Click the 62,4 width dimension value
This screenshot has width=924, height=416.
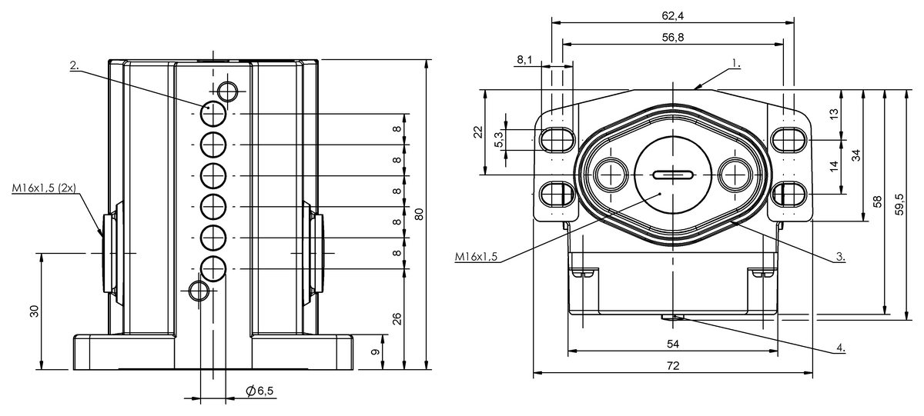[673, 15]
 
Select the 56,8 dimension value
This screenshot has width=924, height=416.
[673, 38]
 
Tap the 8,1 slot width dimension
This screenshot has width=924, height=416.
[524, 60]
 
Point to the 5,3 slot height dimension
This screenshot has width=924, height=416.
[499, 139]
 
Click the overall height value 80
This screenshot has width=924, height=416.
[419, 215]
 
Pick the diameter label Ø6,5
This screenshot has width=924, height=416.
[260, 391]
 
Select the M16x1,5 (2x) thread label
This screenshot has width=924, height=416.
[44, 188]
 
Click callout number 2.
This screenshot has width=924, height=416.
[74, 65]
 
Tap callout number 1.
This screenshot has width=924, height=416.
[736, 63]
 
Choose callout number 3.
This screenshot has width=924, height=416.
[841, 257]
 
